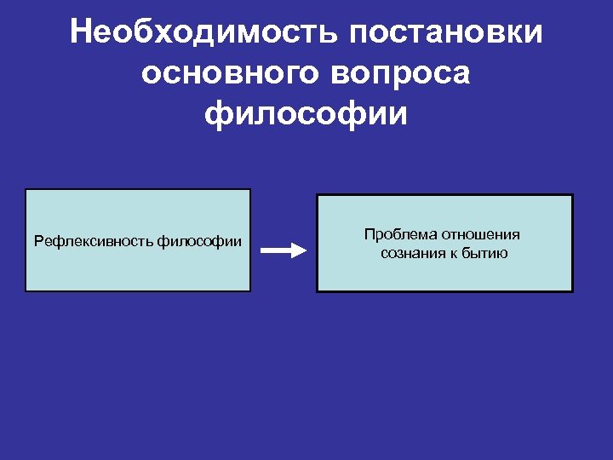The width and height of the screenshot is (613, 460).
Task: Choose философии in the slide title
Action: (x=306, y=113)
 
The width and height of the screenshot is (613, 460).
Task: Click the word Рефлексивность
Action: (x=94, y=242)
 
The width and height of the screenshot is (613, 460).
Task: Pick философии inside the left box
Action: (x=199, y=242)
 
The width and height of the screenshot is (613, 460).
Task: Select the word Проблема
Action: (x=396, y=234)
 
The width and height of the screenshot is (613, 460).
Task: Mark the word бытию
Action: (x=486, y=253)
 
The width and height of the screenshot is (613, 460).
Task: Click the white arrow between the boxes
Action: (x=282, y=250)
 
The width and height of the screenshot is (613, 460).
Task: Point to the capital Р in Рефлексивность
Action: (x=38, y=242)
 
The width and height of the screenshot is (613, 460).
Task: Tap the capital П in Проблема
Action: (x=369, y=234)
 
